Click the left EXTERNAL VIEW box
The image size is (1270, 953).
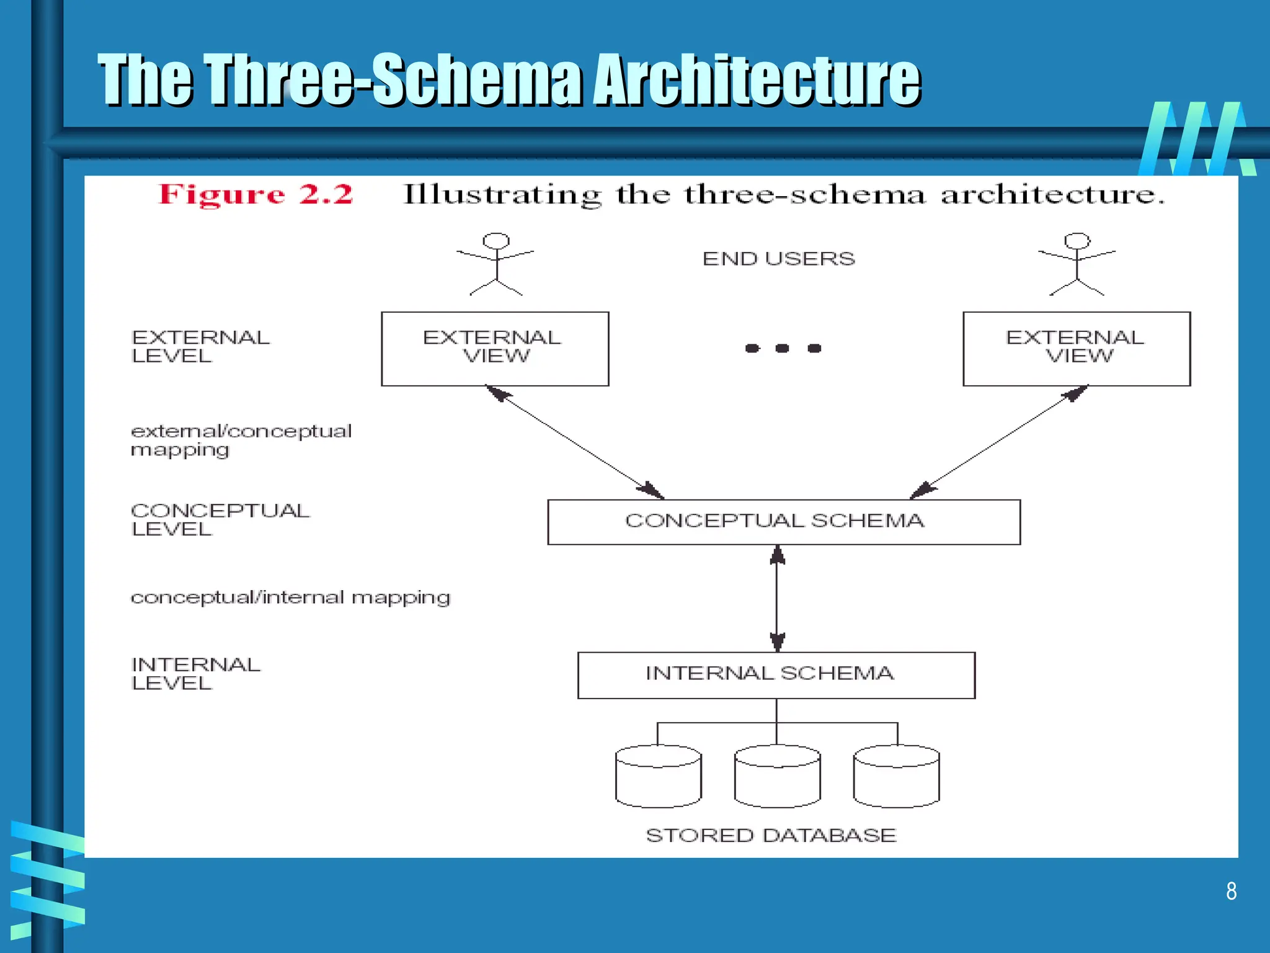tap(495, 349)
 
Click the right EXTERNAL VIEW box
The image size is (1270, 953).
tap(1077, 349)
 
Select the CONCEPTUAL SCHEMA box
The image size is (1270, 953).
tap(784, 522)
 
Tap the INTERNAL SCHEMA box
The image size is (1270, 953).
tap(776, 675)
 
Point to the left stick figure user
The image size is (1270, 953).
tap(496, 264)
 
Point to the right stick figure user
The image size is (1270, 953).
tap(1077, 264)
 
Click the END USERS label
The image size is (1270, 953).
tap(778, 259)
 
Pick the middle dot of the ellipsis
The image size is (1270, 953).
tap(783, 349)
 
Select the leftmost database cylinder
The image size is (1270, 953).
tap(659, 776)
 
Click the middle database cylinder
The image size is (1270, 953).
tap(777, 776)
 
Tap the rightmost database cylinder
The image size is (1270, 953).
tap(896, 776)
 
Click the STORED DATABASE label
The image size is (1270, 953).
tap(771, 835)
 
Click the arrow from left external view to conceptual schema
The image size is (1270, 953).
tap(574, 442)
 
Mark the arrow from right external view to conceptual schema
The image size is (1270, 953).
tap(999, 442)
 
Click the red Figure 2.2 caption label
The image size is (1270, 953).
tap(255, 195)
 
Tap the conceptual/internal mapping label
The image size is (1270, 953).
tap(290, 597)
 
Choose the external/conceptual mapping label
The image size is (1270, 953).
tap(241, 440)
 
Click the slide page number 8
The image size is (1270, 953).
tap(1231, 891)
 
